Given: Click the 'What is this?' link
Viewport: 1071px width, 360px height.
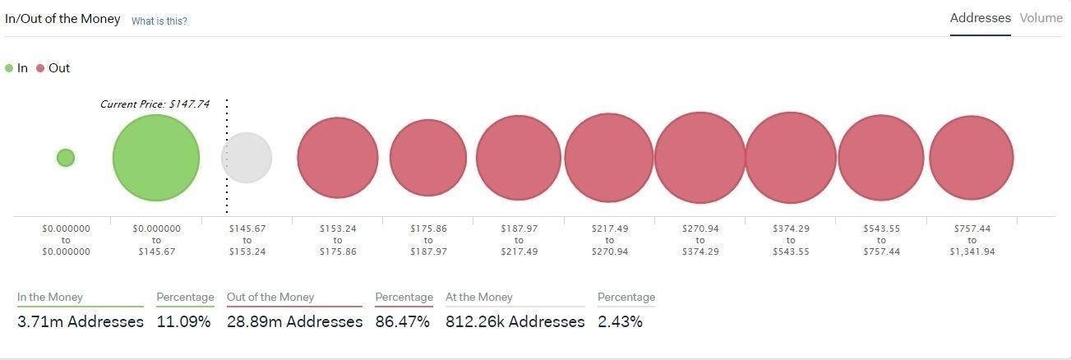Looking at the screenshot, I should point(159,21).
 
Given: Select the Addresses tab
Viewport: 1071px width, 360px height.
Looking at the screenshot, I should point(980,18).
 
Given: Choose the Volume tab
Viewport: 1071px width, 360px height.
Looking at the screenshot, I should point(1041,18).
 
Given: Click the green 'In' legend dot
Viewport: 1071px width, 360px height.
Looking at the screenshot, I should point(9,68).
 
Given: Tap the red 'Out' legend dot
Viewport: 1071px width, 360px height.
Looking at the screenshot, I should point(40,68).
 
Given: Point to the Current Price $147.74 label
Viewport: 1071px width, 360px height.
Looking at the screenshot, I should point(155,104).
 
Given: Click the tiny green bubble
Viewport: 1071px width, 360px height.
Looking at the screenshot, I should point(66,157).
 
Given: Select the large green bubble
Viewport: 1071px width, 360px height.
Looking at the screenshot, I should point(156,157).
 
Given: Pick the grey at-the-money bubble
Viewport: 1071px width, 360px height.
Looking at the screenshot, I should point(247,158).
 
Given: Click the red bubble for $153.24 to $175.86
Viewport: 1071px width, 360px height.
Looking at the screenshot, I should point(337,158).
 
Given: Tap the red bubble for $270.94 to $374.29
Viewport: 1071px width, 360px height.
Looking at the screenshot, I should point(699,158).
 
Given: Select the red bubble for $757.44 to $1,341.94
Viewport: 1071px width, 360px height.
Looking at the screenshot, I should point(971,158).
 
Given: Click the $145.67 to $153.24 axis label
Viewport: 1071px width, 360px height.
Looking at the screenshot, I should point(247,240).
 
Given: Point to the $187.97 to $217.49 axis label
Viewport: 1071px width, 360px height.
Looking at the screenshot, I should point(519,240).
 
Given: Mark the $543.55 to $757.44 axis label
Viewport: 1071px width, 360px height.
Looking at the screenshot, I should point(880,240).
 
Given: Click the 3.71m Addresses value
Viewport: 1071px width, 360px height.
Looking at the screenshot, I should point(80,321).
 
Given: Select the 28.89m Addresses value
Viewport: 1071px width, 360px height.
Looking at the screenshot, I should point(294,321).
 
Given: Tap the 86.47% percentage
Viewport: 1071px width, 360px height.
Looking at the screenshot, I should point(402,321).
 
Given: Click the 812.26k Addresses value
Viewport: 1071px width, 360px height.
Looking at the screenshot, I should point(515,321).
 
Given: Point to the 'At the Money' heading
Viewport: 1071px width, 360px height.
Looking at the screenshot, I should point(478,297).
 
